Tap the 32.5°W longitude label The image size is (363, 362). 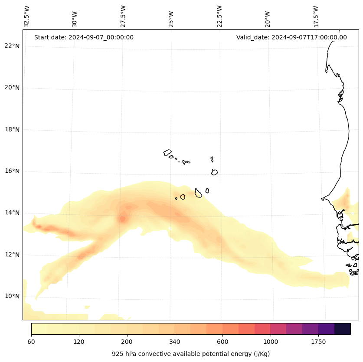point(27,16)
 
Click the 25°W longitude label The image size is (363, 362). point(171,19)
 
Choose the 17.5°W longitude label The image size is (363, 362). point(316,16)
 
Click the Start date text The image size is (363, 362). point(84,37)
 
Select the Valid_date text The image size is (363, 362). point(291,37)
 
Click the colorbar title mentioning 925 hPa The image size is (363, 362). point(191,354)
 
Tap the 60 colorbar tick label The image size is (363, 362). point(31,342)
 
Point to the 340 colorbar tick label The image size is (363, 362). point(175,342)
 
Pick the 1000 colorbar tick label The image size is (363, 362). point(271,342)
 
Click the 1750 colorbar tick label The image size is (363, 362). point(318,342)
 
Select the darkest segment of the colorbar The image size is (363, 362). point(343,329)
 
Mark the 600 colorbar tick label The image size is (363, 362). point(222,342)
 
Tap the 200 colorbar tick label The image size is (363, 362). point(127,342)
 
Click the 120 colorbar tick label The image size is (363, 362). point(79,342)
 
